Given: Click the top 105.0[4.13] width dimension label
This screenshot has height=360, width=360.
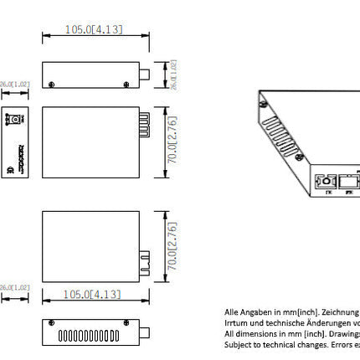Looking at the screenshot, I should [x=94, y=30].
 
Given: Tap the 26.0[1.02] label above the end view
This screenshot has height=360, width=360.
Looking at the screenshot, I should [x=14, y=85].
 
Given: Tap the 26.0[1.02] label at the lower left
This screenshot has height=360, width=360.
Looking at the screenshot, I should [x=14, y=287].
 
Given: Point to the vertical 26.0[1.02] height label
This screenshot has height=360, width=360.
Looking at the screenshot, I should [x=173, y=74].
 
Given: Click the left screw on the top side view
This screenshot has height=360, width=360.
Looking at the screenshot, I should [x=53, y=84].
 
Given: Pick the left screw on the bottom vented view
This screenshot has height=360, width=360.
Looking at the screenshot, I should [x=53, y=323].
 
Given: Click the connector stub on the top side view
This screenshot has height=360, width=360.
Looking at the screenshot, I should [x=143, y=75].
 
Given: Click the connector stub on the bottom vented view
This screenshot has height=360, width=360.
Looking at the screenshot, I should [x=143, y=332].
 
